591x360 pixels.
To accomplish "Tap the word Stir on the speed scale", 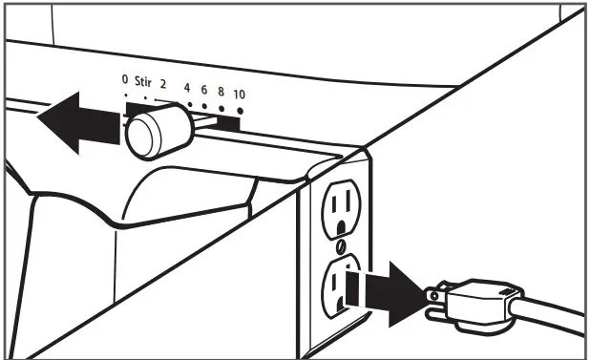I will [143, 82].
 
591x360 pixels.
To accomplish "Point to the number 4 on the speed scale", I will [186, 88].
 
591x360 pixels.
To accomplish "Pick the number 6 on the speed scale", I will [203, 91].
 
